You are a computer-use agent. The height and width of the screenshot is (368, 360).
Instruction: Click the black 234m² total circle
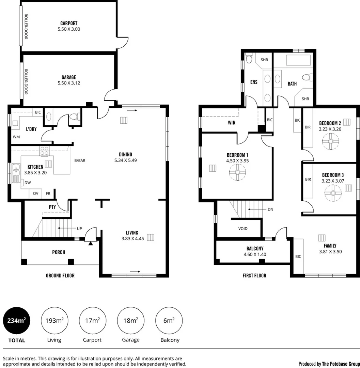click(x=16, y=321)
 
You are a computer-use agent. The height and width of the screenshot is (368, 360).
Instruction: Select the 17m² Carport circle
click(x=92, y=321)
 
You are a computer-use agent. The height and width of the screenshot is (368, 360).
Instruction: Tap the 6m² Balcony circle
click(x=169, y=321)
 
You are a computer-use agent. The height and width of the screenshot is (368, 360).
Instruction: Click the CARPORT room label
click(x=68, y=24)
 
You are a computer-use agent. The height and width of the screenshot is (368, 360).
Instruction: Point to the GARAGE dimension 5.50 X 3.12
click(x=68, y=83)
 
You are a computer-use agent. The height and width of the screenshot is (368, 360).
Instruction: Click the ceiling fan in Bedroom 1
click(x=237, y=173)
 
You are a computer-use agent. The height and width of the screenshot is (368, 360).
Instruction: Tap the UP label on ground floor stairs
click(x=79, y=228)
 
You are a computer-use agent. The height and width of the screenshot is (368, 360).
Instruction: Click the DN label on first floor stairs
click(x=270, y=210)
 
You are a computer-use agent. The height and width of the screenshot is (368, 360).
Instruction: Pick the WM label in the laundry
click(x=16, y=137)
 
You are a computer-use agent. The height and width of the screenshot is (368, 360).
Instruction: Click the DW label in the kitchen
click(x=28, y=182)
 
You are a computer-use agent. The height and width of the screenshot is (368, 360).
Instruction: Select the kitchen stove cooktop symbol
click(x=44, y=151)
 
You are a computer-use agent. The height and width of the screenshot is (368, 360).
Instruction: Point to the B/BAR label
click(x=80, y=160)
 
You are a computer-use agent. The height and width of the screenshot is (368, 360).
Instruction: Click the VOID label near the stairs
click(x=243, y=229)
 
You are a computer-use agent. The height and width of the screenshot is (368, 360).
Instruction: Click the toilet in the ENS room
click(x=249, y=59)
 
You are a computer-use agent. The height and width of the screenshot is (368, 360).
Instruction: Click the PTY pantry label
click(x=52, y=207)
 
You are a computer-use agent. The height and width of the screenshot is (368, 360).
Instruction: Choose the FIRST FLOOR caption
click(x=254, y=275)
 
